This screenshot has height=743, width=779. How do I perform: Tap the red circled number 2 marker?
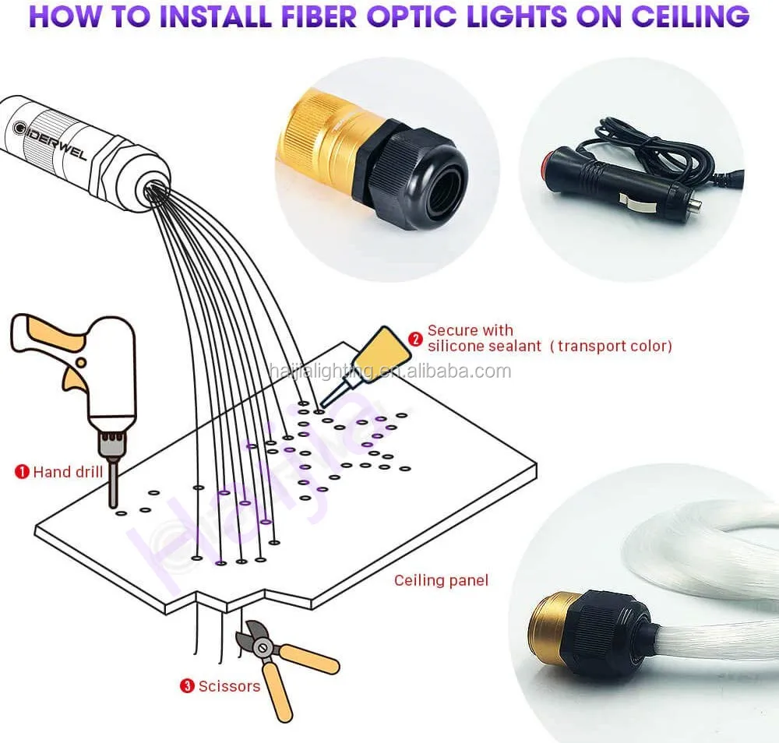coord(415,339)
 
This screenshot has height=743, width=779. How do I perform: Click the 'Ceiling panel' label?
coord(441,579)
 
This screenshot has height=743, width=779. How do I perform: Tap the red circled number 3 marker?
coord(187,686)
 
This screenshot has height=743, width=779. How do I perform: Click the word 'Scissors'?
coord(229,686)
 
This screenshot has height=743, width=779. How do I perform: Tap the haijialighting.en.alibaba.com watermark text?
coord(389,371)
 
